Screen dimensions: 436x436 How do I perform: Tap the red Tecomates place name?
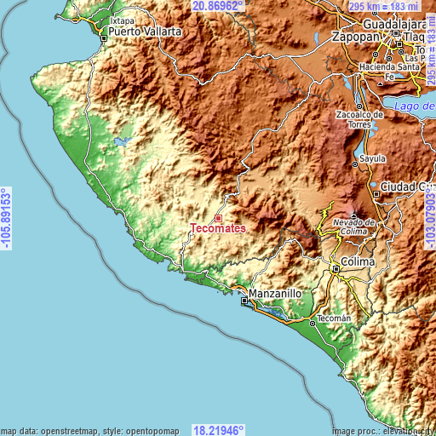pos(218,229)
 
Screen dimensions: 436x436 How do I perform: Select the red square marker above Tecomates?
pos(218,219)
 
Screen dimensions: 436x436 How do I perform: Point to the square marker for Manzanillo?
pos(244,301)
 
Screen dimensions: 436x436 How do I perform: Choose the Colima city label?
pos(358,262)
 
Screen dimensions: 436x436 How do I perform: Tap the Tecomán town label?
pos(334,318)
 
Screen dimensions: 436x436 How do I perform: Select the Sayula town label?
pos(373,158)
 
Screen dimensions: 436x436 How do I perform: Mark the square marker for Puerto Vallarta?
pos(104,37)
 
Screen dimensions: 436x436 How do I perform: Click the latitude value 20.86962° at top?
pos(218,6)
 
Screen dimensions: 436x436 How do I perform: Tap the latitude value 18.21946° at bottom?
pos(218,430)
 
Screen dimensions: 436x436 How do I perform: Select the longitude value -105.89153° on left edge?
pos(7,218)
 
